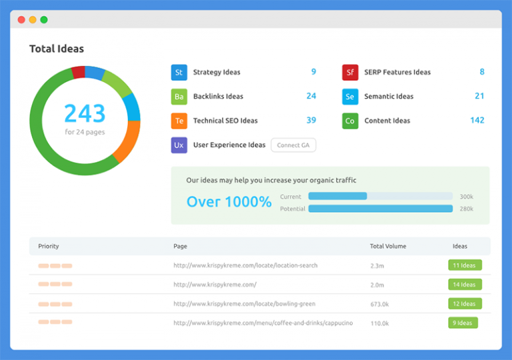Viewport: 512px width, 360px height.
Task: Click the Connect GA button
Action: tap(293, 145)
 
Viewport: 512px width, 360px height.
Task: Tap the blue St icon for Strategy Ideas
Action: tap(179, 73)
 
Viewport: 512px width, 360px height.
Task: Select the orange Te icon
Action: tap(179, 121)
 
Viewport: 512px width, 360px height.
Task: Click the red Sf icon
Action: tap(350, 73)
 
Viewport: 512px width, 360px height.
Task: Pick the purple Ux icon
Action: tap(179, 145)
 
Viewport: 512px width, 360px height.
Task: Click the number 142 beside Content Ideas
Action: tap(477, 121)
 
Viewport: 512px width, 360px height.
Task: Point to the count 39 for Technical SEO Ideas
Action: tap(311, 121)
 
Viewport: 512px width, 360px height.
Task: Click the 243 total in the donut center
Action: tap(85, 113)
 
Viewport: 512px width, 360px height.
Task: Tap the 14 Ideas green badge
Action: tap(464, 285)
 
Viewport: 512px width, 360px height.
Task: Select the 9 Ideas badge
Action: tap(463, 323)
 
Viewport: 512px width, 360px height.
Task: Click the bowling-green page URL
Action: tap(244, 304)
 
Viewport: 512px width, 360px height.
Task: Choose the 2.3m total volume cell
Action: tap(377, 265)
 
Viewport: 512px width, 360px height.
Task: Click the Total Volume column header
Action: tap(387, 246)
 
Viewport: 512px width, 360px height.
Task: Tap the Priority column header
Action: tap(49, 246)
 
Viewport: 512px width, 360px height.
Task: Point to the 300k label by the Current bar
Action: tap(466, 197)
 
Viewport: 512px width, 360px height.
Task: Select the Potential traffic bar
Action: tap(380, 209)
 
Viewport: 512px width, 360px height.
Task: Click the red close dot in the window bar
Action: tap(21, 19)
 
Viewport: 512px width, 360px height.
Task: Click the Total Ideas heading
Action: tap(57, 49)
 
